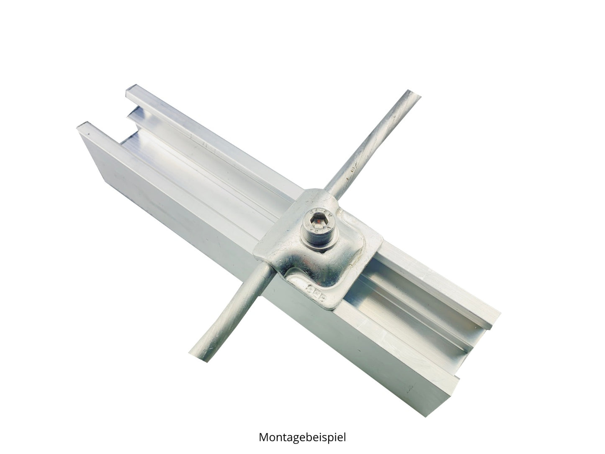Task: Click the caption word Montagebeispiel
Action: [x=302, y=437]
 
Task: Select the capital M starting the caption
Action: [x=264, y=437]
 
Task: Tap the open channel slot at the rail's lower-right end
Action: [x=469, y=352]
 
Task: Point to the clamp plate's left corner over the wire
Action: [x=256, y=254]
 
